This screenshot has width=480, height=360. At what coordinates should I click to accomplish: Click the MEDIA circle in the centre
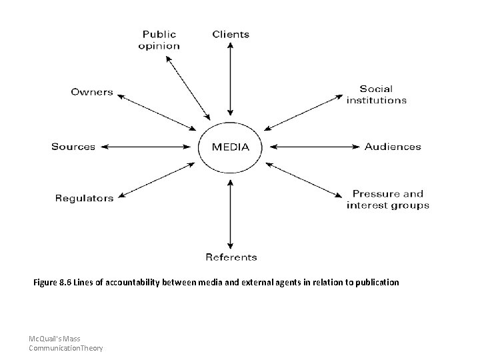(x=231, y=147)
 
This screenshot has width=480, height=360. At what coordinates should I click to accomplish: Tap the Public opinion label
(x=159, y=40)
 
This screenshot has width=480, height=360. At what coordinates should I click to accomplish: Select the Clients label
(x=231, y=34)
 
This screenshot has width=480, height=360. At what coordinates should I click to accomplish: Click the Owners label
(x=92, y=92)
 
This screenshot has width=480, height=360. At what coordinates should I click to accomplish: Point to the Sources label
(x=73, y=147)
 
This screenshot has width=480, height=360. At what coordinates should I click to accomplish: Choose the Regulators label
(x=84, y=197)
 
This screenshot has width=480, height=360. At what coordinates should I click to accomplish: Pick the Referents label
(x=231, y=257)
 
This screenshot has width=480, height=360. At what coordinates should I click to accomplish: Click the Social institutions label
(x=376, y=94)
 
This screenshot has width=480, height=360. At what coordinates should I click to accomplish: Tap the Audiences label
(x=393, y=147)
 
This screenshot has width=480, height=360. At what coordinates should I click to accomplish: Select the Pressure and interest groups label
(x=387, y=200)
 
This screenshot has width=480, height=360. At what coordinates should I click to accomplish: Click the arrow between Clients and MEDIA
(x=230, y=79)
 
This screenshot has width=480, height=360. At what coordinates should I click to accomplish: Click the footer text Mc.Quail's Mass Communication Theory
(x=65, y=343)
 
